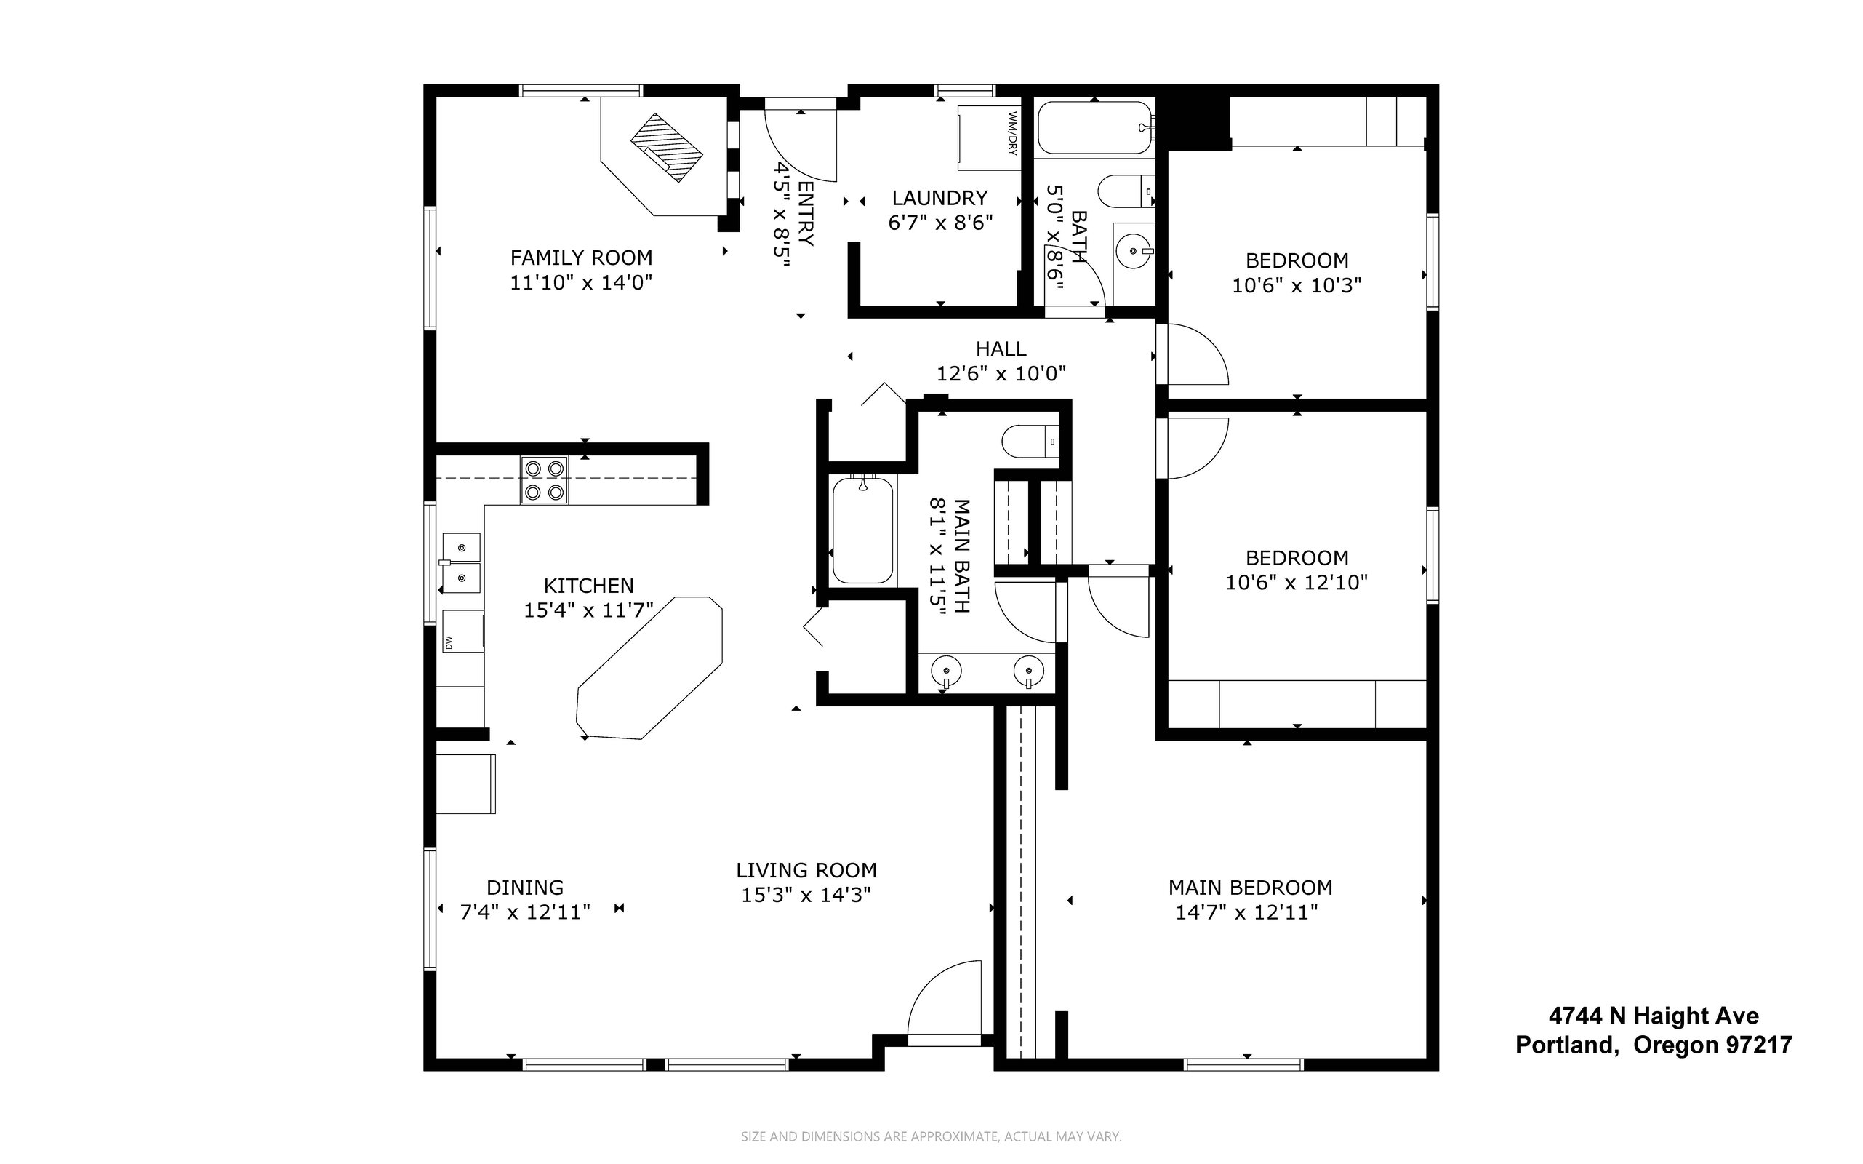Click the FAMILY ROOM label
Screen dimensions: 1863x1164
pyautogui.click(x=581, y=257)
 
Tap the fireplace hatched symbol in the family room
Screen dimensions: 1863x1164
pyautogui.click(x=666, y=147)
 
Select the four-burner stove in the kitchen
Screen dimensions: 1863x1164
pyautogui.click(x=544, y=479)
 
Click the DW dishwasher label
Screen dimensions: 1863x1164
pyautogui.click(x=448, y=641)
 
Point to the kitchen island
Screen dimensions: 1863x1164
pyautogui.click(x=649, y=667)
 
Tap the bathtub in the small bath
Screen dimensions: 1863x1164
pyautogui.click(x=1095, y=128)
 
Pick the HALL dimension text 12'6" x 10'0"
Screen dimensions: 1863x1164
pyautogui.click(x=1001, y=374)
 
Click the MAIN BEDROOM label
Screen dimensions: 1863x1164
pyautogui.click(x=1251, y=888)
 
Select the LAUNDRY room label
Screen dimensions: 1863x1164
pyautogui.click(x=939, y=198)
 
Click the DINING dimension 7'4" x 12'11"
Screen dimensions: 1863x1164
pyautogui.click(x=525, y=912)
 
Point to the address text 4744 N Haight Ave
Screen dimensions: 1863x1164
pyautogui.click(x=1654, y=1016)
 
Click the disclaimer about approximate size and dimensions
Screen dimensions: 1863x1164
pyautogui.click(x=931, y=1136)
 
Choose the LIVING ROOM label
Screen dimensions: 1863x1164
pyautogui.click(x=806, y=870)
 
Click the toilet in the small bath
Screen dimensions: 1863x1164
pyautogui.click(x=1126, y=191)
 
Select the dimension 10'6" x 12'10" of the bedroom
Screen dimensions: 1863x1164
pyautogui.click(x=1297, y=582)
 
